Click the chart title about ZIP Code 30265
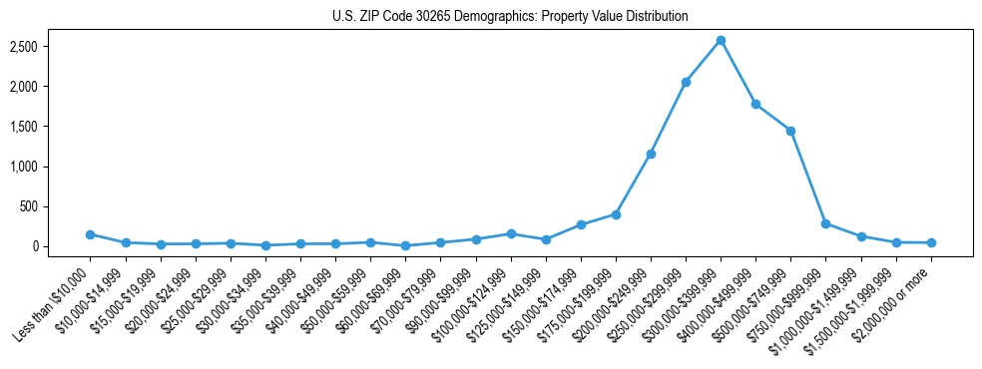[x=510, y=17]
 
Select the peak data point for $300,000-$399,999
[x=721, y=40]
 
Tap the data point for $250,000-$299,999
[x=686, y=82]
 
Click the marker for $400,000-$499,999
[x=755, y=104]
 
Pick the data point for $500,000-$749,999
[x=790, y=131]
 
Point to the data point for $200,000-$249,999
[x=651, y=154]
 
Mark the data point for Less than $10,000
[x=90, y=234]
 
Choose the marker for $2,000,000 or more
[x=931, y=242]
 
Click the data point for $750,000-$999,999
[x=825, y=223]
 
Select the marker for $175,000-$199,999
[x=616, y=214]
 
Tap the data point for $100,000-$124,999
[x=511, y=233]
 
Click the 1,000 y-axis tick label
[x=51, y=167]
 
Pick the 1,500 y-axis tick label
[x=51, y=127]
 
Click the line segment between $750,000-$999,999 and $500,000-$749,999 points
[x=808, y=178]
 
